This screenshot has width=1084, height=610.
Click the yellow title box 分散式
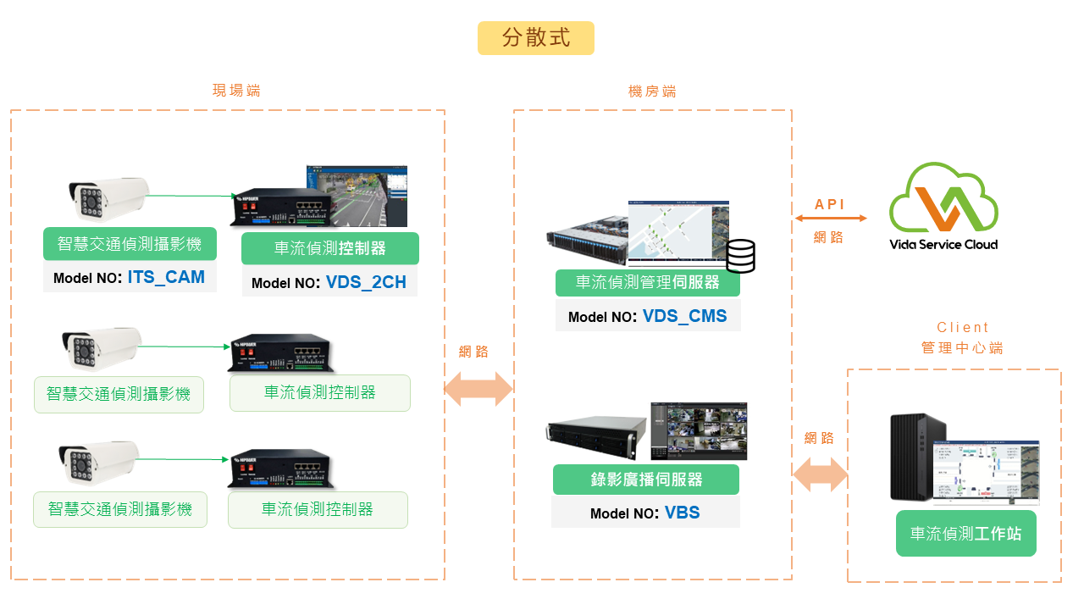535,38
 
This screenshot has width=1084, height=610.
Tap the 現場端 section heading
236,91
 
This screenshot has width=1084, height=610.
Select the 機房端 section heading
652,91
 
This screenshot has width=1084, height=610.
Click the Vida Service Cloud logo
943,207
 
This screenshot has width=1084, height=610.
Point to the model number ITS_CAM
166,277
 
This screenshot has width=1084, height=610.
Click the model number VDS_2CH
366,282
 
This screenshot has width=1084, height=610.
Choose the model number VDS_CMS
684,316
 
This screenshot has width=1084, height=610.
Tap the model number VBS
682,513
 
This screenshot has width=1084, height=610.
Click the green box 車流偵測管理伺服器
648,283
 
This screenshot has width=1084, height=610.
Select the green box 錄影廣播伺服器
646,480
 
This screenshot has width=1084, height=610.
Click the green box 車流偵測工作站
965,534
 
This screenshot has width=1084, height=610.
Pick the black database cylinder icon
740,256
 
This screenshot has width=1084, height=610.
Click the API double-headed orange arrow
831,219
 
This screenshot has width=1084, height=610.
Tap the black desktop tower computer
917,457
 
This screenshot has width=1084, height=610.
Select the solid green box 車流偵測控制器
330,248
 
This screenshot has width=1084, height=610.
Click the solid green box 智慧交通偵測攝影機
130,244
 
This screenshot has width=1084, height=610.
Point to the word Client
963,327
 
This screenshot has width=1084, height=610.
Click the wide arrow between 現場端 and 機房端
479,389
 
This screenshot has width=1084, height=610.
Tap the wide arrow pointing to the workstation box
820,474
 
